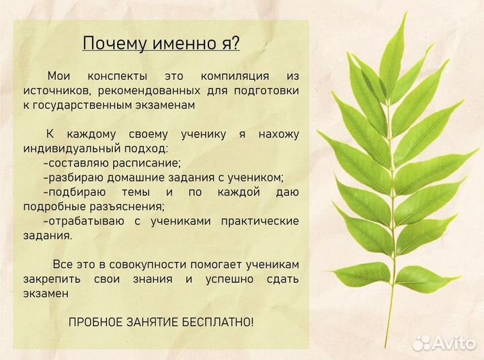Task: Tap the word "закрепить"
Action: tap(50, 279)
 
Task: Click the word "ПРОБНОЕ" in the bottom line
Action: tap(96, 322)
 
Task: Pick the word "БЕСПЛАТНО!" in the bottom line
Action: tap(220, 322)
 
